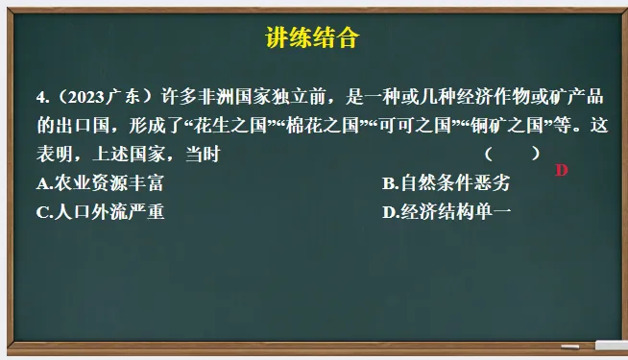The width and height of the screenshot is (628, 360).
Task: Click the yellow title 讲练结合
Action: coord(312,38)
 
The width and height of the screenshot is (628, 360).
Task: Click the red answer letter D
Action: coord(562,171)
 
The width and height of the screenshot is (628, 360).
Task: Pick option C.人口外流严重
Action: coord(100,212)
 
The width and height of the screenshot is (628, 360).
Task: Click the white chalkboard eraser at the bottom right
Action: coord(611,345)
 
